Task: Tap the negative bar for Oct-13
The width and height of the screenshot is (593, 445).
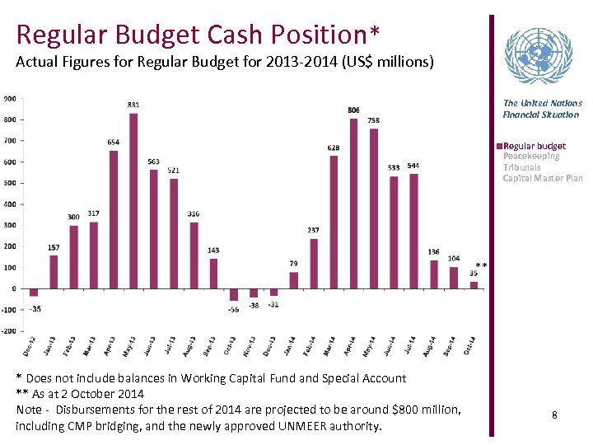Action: coord(234,294)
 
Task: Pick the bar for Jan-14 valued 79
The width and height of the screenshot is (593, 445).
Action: coord(293,280)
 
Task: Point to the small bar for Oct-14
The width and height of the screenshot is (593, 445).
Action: coord(474,285)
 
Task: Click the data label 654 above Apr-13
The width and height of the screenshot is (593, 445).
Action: coord(113,143)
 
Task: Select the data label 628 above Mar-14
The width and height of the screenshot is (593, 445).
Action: coord(334,148)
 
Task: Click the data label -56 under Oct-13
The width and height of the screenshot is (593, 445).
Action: coord(233,310)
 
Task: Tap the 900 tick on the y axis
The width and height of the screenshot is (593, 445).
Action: coord(9,98)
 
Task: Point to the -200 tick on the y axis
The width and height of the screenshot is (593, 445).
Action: coord(7,331)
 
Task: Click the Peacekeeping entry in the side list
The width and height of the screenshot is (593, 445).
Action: coord(531,157)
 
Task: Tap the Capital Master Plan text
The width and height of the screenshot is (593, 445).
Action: coord(542,178)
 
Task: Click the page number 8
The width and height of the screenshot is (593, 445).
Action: coord(554,415)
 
